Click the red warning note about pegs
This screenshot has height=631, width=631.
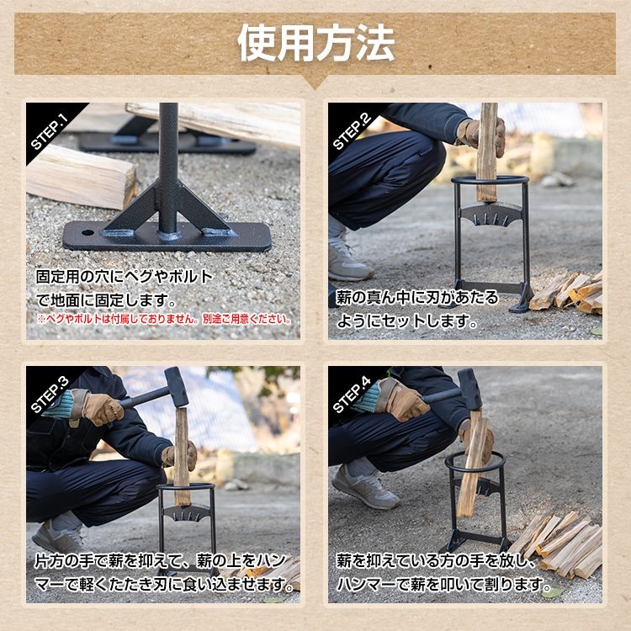pyautogui.click(x=164, y=320)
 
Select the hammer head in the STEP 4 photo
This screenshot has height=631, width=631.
pyautogui.click(x=469, y=388)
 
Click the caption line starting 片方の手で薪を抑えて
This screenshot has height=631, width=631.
pyautogui.click(x=164, y=560)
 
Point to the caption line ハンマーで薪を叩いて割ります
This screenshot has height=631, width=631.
pyautogui.click(x=432, y=583)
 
